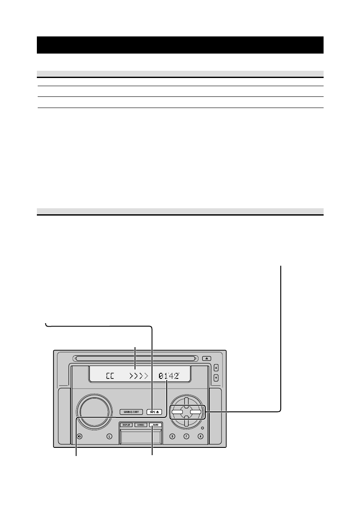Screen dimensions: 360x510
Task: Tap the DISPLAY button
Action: tap(126, 425)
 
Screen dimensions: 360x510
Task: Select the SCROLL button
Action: tap(141, 425)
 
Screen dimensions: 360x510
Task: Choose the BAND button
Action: tap(155, 425)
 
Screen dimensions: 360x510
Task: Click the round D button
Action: tap(172, 437)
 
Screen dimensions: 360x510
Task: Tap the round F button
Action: tap(186, 437)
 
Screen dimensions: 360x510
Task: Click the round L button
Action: tap(109, 437)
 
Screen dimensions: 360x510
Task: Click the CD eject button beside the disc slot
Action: tap(207, 357)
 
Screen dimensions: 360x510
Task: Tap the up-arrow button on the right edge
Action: tap(216, 367)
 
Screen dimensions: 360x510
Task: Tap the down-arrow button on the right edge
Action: tap(216, 378)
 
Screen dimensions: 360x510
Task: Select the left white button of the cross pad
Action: tap(177, 413)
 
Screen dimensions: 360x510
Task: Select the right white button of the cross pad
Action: tap(195, 413)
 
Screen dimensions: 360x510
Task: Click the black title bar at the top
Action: tap(180, 45)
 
